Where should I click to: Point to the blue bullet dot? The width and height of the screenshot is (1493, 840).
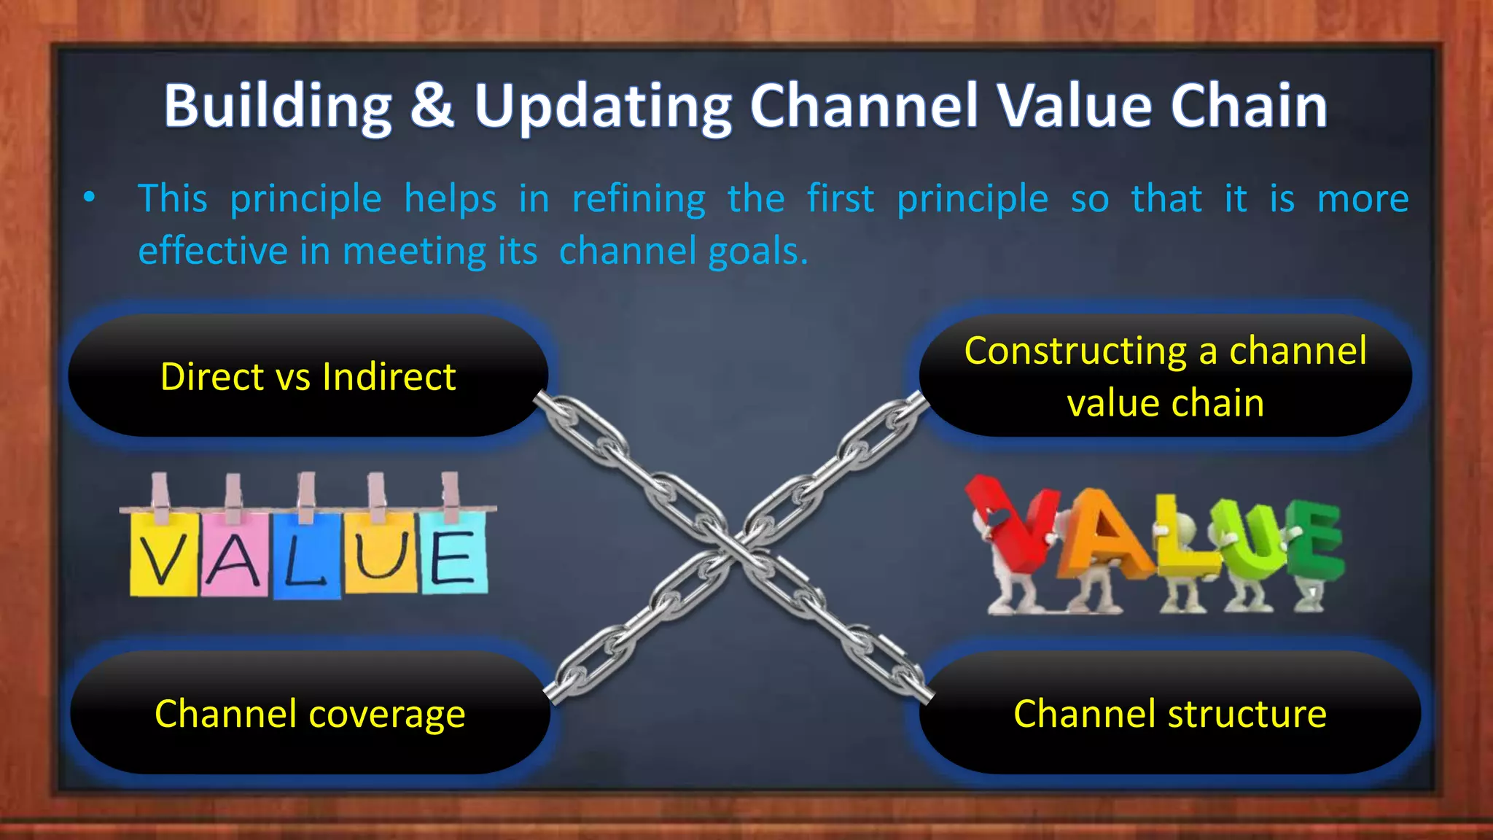[89, 197]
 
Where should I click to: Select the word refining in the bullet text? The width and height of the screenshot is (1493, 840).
[639, 199]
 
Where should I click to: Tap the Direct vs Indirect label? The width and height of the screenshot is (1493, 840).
[308, 377]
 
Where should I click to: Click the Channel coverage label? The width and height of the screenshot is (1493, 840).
[310, 713]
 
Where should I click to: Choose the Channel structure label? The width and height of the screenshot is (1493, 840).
[1169, 713]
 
